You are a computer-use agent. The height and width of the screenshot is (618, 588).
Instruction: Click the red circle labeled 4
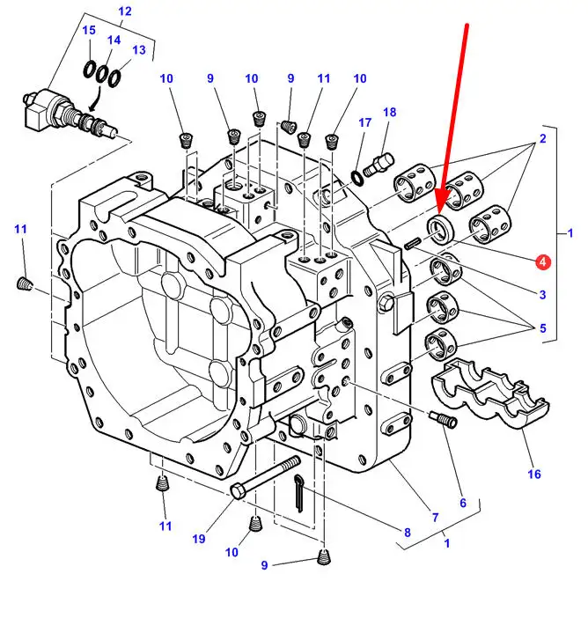[x=542, y=261]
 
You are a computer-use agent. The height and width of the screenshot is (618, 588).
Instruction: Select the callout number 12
[x=124, y=11]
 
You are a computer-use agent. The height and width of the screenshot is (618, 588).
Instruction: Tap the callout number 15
[x=89, y=31]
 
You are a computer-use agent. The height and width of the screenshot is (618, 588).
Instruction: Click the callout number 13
[x=139, y=50]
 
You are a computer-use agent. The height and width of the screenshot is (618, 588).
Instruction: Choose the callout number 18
[x=390, y=113]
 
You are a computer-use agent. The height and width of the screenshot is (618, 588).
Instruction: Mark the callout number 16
[x=534, y=475]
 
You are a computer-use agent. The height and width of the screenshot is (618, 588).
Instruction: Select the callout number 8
[x=408, y=532]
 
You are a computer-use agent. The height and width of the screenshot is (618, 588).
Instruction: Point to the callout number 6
[x=462, y=503]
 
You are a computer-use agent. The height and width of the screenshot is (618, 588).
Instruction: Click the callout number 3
[x=542, y=294]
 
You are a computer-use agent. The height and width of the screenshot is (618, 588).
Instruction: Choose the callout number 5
[x=542, y=328]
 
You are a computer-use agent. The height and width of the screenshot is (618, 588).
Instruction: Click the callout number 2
[x=542, y=138]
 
